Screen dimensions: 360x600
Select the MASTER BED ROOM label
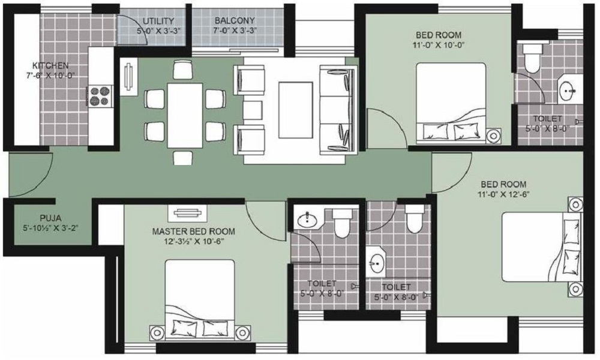click(193, 231)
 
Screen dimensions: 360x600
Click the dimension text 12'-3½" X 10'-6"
click(193, 241)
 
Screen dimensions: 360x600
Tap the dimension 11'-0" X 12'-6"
click(503, 194)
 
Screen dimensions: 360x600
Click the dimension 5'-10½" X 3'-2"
click(42, 228)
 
